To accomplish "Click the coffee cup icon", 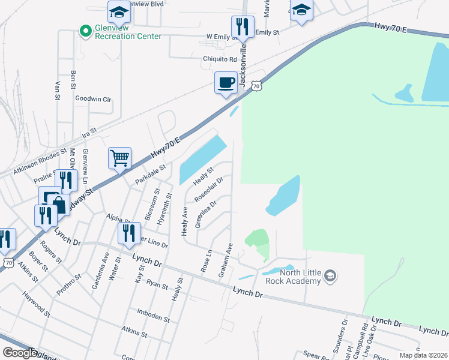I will click(226, 82).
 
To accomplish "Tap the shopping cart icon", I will click(119, 159).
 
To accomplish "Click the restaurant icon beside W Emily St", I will click(243, 26).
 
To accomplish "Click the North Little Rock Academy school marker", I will click(330, 276).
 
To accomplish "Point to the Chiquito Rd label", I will click(220, 59).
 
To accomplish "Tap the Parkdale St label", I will click(149, 175).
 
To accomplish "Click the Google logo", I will click(20, 353).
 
